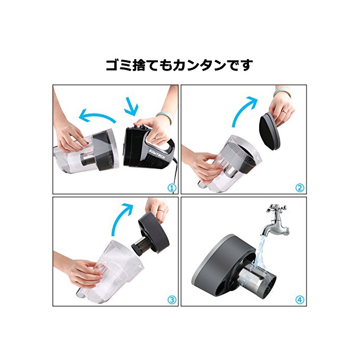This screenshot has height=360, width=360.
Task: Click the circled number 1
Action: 172,188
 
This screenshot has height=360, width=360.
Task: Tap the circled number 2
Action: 299,188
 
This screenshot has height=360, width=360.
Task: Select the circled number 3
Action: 172,300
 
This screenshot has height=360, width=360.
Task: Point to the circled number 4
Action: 299,300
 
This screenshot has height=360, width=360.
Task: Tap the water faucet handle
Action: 277,208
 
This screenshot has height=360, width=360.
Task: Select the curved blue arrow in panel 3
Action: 122,218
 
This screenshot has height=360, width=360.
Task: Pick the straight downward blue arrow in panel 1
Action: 132,106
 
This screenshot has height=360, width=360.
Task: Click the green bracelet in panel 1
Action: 165,116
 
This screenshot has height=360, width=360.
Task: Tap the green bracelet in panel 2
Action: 282,92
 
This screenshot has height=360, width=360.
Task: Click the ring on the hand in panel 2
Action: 284,112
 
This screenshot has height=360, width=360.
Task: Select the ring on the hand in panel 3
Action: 162,210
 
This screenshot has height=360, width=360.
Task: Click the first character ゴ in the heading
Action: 113,65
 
